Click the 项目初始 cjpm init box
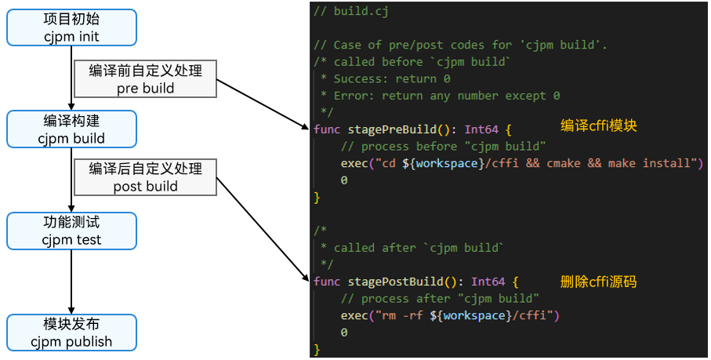[x=71, y=27]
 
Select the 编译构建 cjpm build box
[x=71, y=129]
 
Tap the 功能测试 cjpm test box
[x=71, y=231]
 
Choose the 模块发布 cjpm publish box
[x=71, y=333]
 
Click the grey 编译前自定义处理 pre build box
[x=145, y=79]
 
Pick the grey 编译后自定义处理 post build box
[x=145, y=177]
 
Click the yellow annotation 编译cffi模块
[x=598, y=125]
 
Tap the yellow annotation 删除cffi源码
[x=598, y=280]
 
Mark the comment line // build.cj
[x=350, y=11]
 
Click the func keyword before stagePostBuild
[x=327, y=282]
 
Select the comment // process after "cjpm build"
[x=440, y=299]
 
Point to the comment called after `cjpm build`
[x=419, y=248]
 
